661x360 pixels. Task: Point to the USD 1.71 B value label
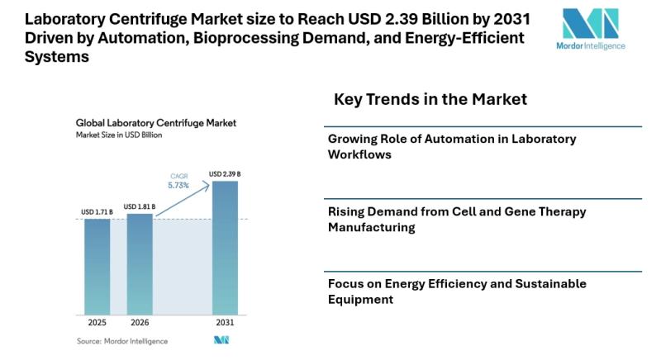pyautogui.click(x=97, y=212)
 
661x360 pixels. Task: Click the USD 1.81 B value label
pyautogui.click(x=140, y=206)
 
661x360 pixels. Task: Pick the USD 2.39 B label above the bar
pyautogui.click(x=225, y=174)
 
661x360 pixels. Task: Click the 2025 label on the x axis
pyautogui.click(x=97, y=322)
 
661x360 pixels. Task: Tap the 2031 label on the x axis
pyautogui.click(x=225, y=322)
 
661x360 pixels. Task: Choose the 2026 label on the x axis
pyautogui.click(x=140, y=322)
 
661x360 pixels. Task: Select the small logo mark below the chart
pyautogui.click(x=221, y=340)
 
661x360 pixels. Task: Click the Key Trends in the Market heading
pyautogui.click(x=430, y=100)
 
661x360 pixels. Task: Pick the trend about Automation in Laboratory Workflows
pyautogui.click(x=452, y=146)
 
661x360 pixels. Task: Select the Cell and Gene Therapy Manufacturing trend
pyautogui.click(x=457, y=219)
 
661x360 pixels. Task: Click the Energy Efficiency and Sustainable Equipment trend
pyautogui.click(x=457, y=291)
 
